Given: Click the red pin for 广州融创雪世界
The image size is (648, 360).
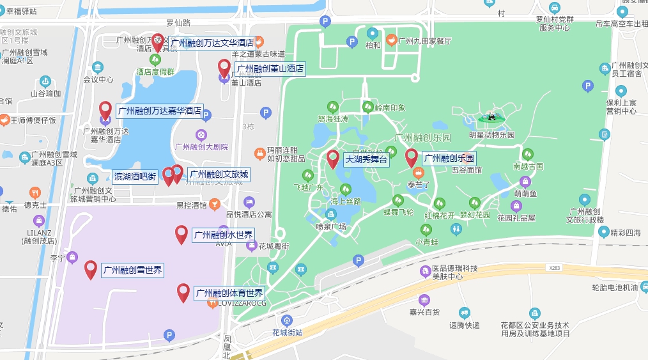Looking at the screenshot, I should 91,269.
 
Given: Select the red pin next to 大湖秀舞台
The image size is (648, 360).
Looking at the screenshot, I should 333,158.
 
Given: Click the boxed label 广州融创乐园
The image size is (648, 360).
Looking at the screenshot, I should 449,159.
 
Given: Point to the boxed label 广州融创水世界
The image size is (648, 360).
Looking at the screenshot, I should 223,235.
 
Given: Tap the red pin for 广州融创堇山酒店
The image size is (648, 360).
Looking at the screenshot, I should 224,67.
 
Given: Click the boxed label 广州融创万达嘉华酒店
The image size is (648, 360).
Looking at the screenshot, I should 160,111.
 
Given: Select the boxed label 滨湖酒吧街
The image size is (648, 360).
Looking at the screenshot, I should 135,175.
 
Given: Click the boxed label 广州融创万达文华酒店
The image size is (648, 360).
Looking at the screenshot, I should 212,43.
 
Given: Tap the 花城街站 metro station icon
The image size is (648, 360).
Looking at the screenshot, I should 287,320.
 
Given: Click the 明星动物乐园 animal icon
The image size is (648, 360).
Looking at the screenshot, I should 491,117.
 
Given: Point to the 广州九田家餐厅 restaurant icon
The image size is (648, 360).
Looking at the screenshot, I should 390,41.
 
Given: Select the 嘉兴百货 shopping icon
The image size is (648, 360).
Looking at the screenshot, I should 424,300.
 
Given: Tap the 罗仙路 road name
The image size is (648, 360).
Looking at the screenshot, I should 178,23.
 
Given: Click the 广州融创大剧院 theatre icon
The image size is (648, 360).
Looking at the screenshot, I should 201,135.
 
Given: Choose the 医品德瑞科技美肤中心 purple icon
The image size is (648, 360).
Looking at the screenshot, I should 425,272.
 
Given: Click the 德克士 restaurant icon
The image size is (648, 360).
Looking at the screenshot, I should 35,192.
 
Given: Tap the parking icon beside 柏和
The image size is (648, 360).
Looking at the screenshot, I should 351,42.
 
